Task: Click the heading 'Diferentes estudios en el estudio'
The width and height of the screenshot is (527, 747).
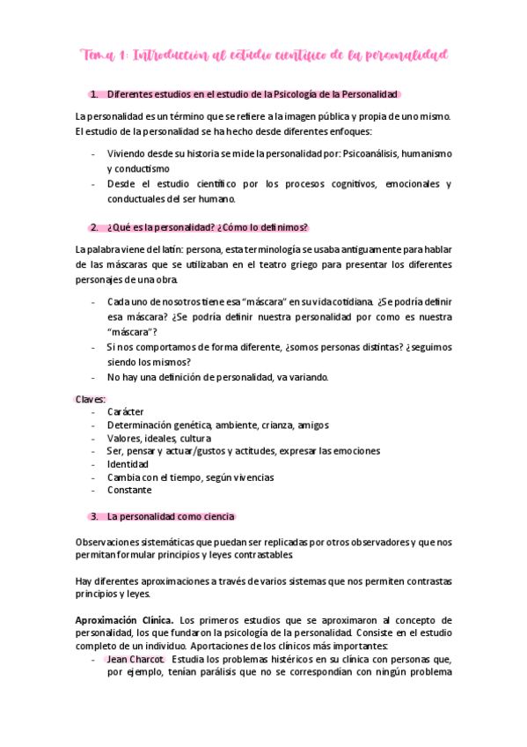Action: click(253, 94)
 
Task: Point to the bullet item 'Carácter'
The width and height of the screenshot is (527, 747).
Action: click(126, 412)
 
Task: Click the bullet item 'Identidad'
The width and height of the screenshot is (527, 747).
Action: click(128, 464)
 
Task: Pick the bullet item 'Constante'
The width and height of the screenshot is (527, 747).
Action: click(129, 490)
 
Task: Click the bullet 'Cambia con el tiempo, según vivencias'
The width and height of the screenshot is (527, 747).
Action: click(191, 477)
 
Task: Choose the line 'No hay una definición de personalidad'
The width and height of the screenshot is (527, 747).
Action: click(218, 377)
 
